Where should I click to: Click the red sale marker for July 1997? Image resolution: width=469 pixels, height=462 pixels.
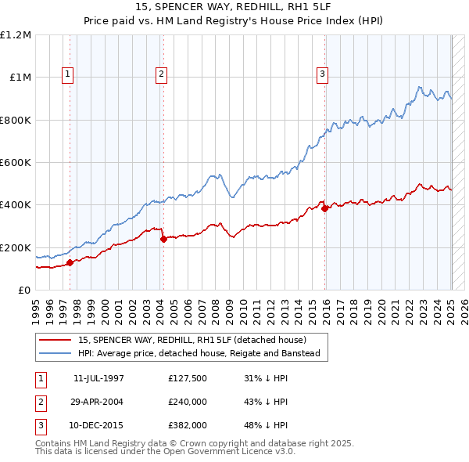pos(70,263)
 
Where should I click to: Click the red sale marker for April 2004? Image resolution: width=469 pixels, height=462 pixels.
pos(163,239)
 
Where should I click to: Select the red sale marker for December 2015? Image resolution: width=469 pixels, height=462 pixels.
pos(324,208)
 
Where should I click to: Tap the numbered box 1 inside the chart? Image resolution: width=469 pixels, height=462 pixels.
pos(68,74)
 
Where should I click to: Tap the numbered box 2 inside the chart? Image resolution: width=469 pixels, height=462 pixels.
pos(161,74)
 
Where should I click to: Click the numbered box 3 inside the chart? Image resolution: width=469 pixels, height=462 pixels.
pos(321,74)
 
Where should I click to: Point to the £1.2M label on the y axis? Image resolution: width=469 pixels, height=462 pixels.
pos(16,34)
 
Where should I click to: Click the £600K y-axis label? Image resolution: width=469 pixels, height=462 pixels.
pos(15,162)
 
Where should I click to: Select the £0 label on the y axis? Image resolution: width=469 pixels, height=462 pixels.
pos(23,290)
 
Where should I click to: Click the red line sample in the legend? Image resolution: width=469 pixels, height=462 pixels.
pos(55,340)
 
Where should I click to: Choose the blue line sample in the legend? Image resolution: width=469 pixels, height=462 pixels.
pos(55,353)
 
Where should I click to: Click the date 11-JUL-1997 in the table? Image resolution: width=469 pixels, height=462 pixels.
pos(98,377)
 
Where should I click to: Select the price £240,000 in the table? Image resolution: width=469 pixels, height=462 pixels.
pos(188,402)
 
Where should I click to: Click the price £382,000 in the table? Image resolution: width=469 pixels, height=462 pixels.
pos(188,426)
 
